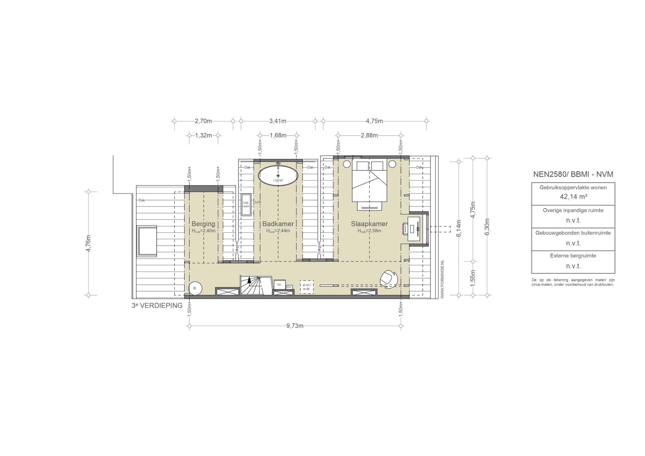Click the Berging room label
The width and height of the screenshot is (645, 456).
203,224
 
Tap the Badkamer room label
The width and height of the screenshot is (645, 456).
278,224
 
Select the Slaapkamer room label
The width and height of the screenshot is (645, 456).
369,224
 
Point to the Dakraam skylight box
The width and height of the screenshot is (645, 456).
246,204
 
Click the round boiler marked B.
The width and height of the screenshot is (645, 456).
195,288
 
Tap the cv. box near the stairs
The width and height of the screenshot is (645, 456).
279,285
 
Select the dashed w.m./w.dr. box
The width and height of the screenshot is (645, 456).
306,287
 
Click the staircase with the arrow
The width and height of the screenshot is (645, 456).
251,285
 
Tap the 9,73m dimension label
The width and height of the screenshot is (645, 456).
295,326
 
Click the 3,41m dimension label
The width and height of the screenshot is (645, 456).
278,121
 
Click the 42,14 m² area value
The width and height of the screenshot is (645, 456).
573,197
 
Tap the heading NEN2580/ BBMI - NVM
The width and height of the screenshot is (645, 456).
573,174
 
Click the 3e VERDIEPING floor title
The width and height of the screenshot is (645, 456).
157,305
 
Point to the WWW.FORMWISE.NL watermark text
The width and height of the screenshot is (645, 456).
442,279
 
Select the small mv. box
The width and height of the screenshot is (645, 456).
289,287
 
